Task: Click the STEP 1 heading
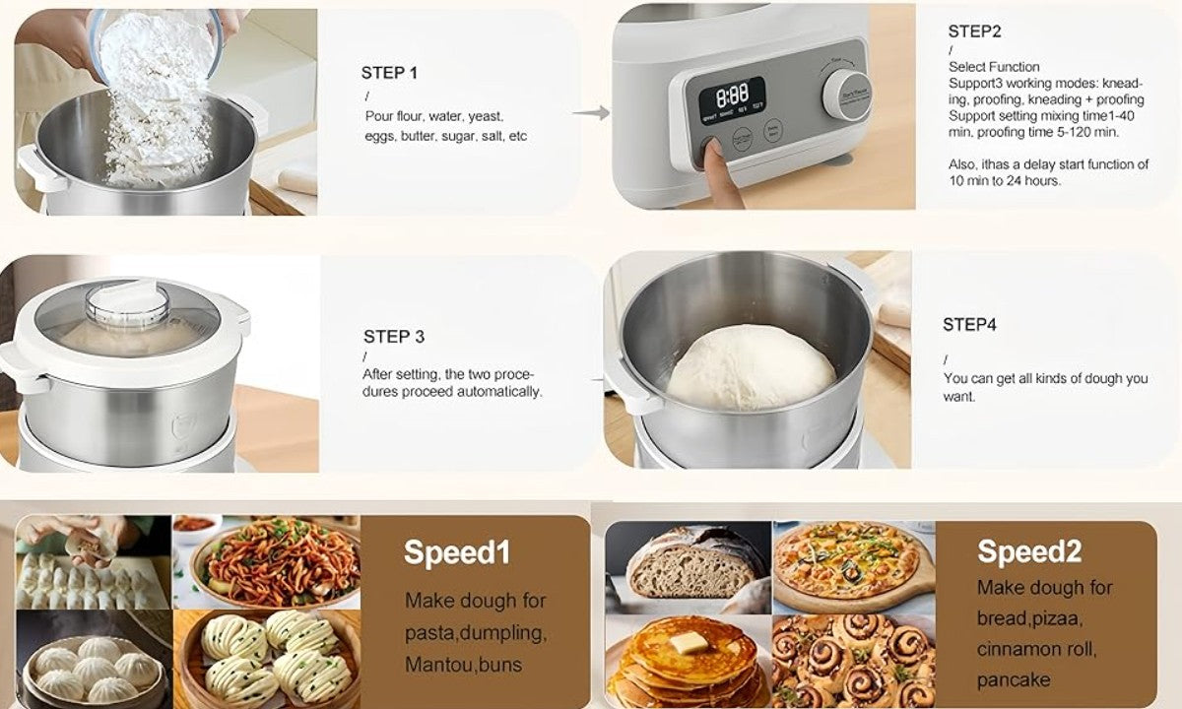click(x=389, y=73)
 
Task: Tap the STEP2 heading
click(x=974, y=32)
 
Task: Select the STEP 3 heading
click(x=394, y=337)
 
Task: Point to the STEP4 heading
click(x=969, y=324)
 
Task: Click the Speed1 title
click(x=457, y=552)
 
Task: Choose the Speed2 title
click(x=1029, y=551)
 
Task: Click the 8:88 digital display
click(x=733, y=96)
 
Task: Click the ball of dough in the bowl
click(x=751, y=367)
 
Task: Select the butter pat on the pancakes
click(x=689, y=643)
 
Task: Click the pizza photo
click(x=854, y=567)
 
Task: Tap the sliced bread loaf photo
click(x=689, y=567)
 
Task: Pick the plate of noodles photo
click(x=267, y=562)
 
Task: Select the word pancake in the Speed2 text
click(x=1014, y=680)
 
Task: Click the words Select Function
click(x=994, y=67)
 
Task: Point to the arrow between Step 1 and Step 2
click(x=591, y=112)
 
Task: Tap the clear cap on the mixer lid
click(x=127, y=303)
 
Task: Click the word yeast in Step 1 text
click(x=485, y=116)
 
